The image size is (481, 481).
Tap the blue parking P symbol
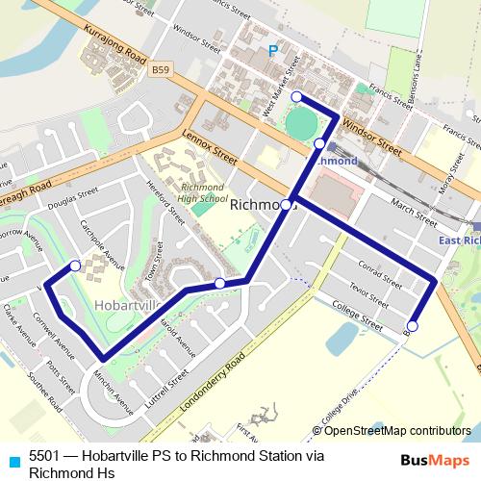coord(273,51)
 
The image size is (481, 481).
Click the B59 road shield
coord(161,70)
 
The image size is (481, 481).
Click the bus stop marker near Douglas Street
coord(75,266)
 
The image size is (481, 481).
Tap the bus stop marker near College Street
coord(413,326)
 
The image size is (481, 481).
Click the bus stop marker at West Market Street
coord(297,96)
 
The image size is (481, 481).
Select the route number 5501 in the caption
coord(45,457)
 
